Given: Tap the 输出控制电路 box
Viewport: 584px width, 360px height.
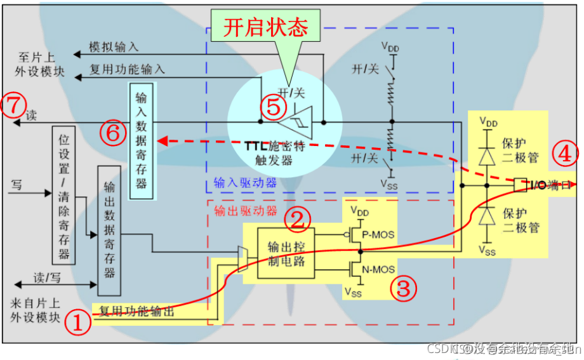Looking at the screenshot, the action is tap(286, 253).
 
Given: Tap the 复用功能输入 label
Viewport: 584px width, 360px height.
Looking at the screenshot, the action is tap(127, 69).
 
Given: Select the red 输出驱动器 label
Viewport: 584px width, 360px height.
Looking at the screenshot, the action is tap(237, 210).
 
